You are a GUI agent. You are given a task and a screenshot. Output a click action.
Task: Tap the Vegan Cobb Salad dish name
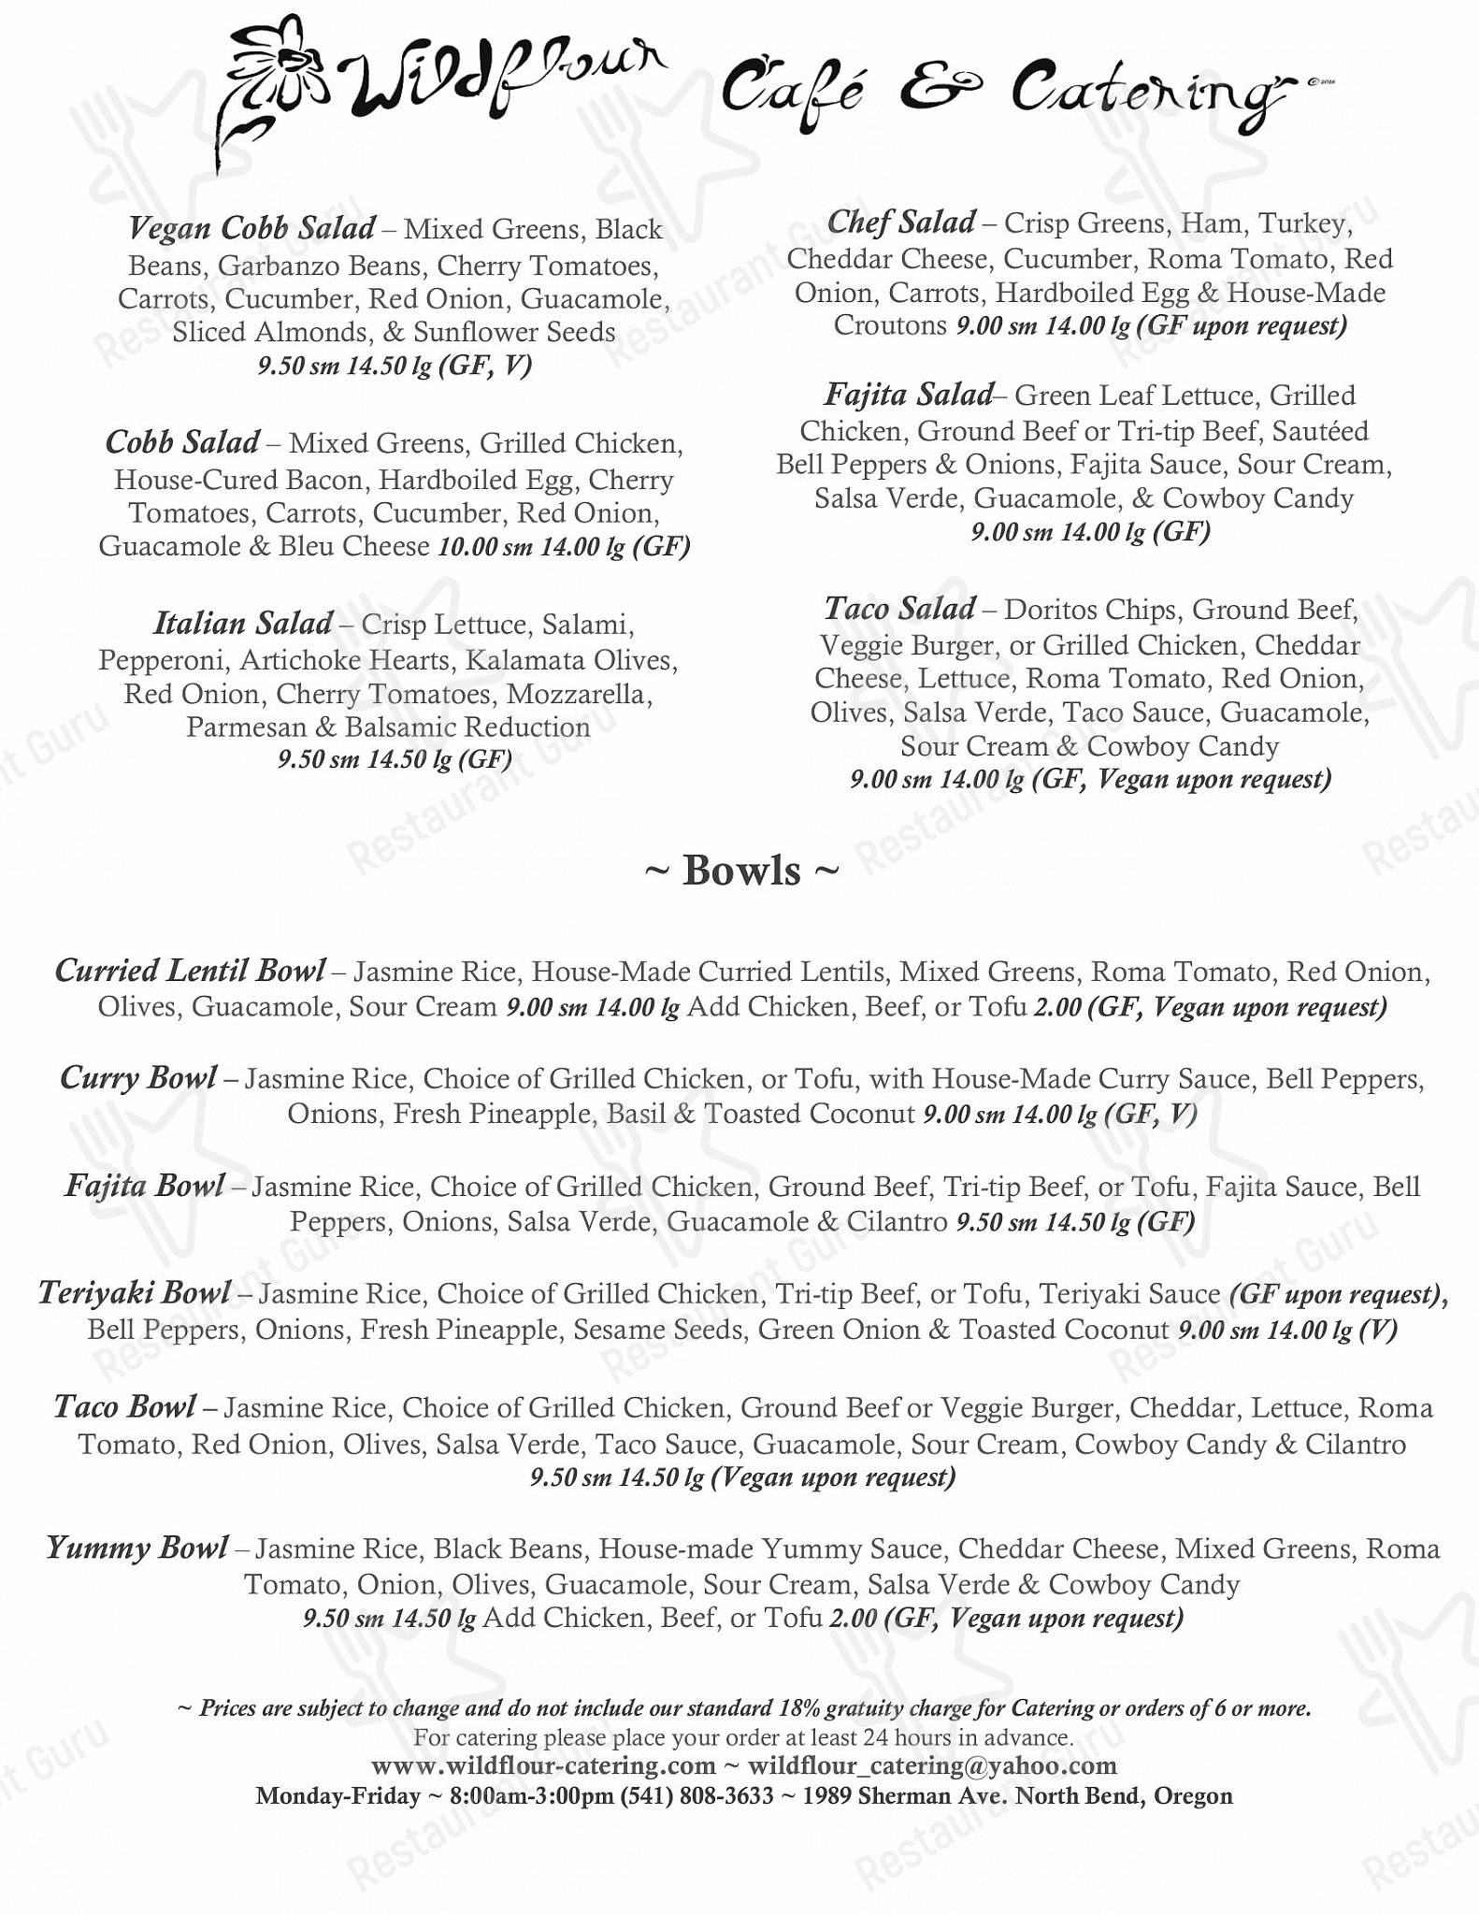251,227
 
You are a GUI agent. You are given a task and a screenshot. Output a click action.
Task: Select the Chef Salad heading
900,223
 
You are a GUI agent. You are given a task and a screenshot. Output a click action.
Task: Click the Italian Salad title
242,623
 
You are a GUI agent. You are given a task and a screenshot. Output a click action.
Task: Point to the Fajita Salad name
907,395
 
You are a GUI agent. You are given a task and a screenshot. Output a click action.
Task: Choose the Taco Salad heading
899,609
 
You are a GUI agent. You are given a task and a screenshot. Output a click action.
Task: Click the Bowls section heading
741,871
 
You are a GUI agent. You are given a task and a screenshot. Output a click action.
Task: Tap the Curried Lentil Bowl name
191,971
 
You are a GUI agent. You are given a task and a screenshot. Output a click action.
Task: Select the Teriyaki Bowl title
134,1293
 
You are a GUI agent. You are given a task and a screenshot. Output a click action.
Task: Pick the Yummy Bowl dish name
136,1548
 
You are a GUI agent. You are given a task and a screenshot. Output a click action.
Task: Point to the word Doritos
1047,611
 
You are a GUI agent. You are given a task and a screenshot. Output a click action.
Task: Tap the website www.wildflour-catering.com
543,1766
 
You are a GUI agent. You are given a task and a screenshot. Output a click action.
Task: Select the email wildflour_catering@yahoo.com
932,1766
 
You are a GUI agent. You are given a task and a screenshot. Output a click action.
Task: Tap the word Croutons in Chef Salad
890,326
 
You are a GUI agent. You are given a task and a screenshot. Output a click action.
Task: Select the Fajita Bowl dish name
145,1187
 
